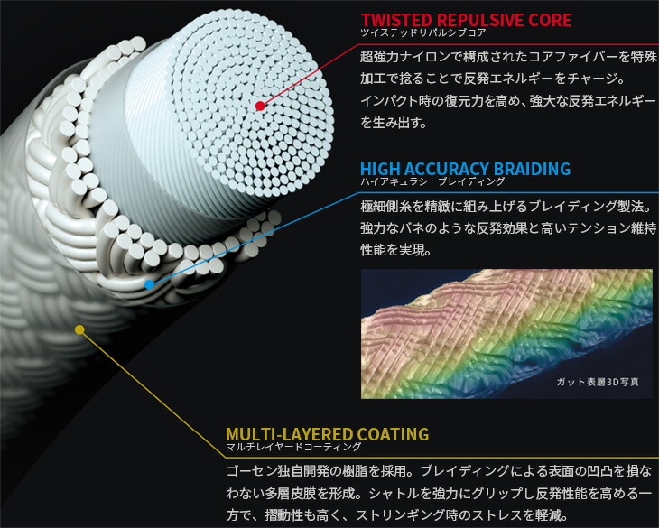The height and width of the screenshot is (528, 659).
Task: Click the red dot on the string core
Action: pyautogui.click(x=260, y=106)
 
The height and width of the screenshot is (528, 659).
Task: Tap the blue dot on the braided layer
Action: pyautogui.click(x=149, y=283)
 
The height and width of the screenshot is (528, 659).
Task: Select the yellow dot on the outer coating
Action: pyautogui.click(x=79, y=329)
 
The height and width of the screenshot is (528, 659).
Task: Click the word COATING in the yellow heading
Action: pyautogui.click(x=394, y=435)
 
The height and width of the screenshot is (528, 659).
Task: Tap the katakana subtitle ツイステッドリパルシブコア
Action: pyautogui.click(x=413, y=33)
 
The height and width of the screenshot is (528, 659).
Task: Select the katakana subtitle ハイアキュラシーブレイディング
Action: pyautogui.click(x=419, y=182)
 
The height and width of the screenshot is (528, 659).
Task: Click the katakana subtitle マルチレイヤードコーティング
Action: pyautogui.click(x=293, y=448)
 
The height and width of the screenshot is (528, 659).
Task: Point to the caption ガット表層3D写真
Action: pyautogui.click(x=599, y=383)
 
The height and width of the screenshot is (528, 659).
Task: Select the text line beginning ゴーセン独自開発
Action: pyautogui.click(x=442, y=472)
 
